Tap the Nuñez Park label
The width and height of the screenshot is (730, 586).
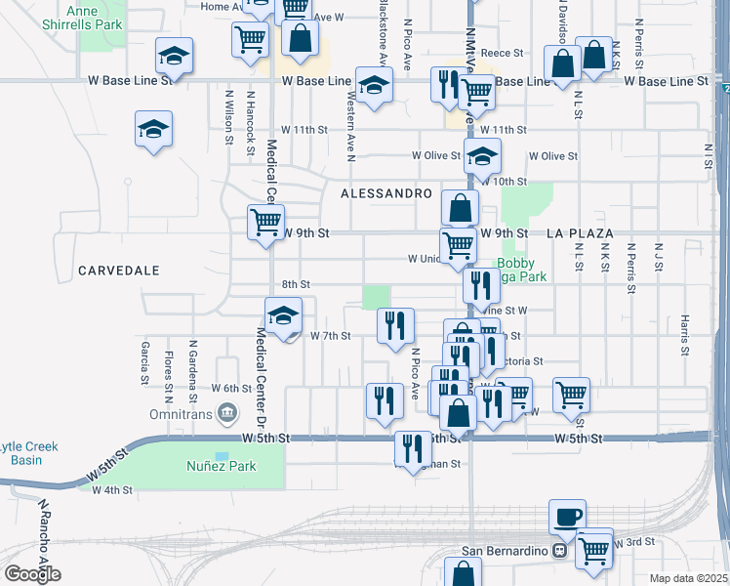[222, 466]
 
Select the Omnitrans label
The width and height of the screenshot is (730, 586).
[181, 414]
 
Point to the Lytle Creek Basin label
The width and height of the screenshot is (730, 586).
[29, 453]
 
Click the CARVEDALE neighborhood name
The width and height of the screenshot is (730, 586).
[118, 270]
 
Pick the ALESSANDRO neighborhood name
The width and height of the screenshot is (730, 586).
[385, 194]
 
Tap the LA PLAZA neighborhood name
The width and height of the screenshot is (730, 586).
[580, 233]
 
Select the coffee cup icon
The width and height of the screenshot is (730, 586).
[566, 516]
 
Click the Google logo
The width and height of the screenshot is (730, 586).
[32, 573]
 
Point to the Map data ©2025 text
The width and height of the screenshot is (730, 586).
[688, 578]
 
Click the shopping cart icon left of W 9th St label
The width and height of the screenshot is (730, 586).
[265, 222]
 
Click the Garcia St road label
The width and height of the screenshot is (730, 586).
[144, 360]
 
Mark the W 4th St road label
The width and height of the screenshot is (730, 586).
[112, 490]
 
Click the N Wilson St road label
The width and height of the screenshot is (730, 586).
[229, 117]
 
